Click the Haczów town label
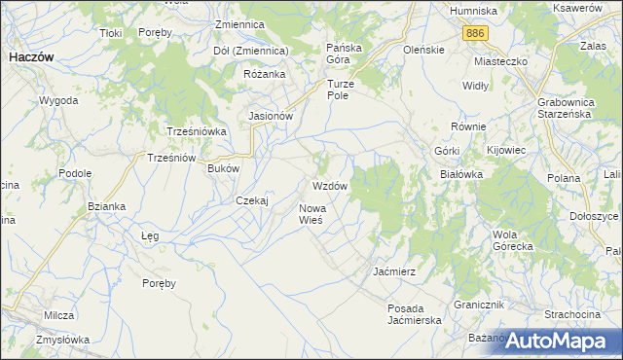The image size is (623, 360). click(x=31, y=57)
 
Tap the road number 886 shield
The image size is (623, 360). click(x=474, y=33)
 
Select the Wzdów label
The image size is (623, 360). click(x=330, y=185)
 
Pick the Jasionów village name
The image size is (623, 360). click(x=272, y=115)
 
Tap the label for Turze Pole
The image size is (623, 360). click(x=343, y=90)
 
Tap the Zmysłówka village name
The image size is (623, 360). click(x=63, y=340)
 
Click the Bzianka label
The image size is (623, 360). click(x=106, y=206)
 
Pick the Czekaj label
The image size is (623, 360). click(x=252, y=200)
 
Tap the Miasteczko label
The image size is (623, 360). click(x=500, y=60)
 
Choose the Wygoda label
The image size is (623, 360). click(x=58, y=100)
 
